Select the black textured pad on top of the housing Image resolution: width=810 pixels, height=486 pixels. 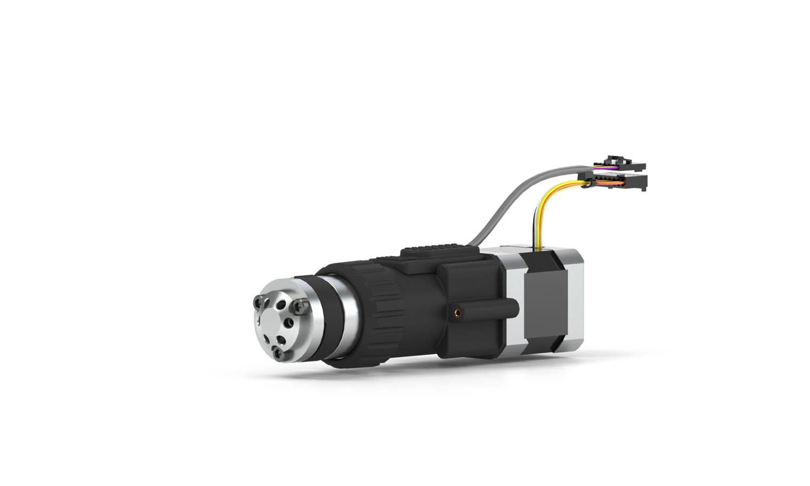pos(437,249)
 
